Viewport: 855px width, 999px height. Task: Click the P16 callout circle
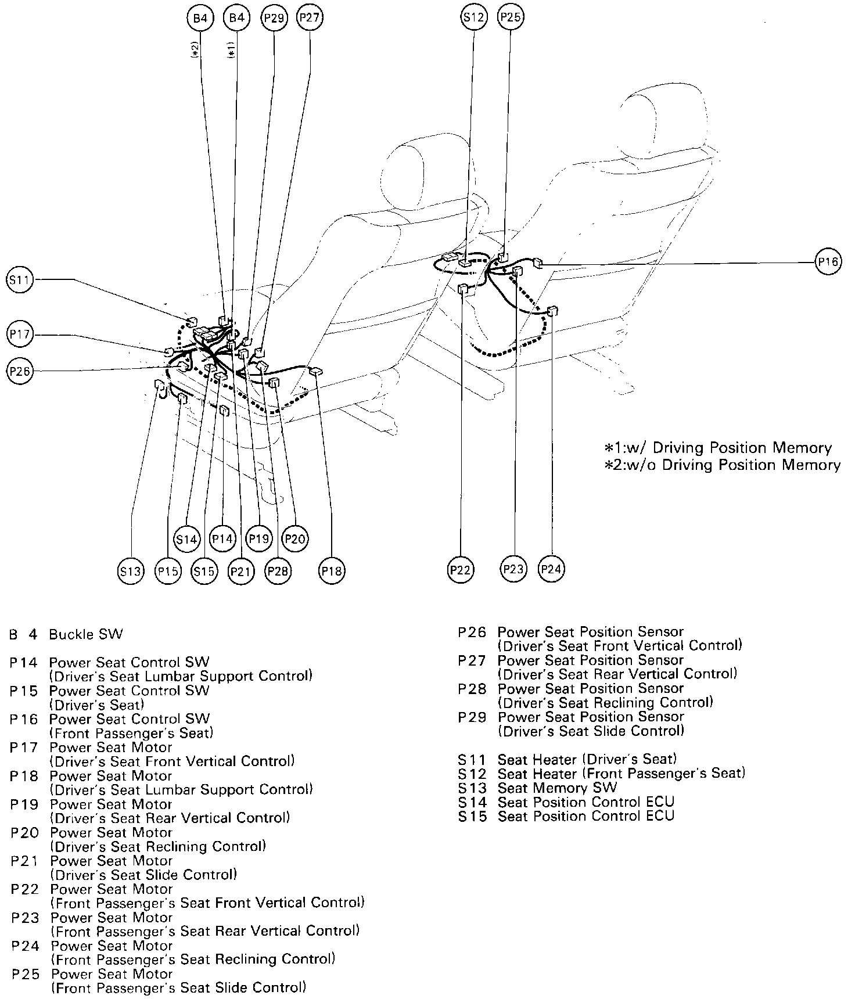click(x=828, y=262)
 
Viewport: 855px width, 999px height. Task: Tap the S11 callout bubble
click(x=20, y=280)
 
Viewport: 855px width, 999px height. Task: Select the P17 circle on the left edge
click(x=20, y=334)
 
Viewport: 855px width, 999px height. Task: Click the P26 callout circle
click(x=20, y=371)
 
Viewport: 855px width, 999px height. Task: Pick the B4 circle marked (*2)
click(x=200, y=18)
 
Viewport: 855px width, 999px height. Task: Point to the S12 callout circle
click(x=473, y=18)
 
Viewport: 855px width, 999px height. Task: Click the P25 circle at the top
click(x=511, y=18)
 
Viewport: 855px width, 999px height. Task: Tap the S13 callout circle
click(x=130, y=572)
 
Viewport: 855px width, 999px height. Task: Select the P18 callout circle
click(x=332, y=572)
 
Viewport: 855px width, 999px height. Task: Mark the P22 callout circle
click(x=460, y=570)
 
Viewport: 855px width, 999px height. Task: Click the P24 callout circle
click(x=551, y=569)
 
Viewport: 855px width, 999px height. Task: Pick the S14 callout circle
click(x=186, y=539)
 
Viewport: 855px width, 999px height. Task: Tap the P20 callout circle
click(x=295, y=539)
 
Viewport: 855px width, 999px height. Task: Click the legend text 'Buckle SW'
click(x=86, y=634)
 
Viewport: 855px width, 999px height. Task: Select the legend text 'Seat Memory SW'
click(x=557, y=788)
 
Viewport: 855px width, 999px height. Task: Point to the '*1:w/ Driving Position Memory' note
click(x=718, y=448)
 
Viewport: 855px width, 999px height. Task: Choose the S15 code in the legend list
click(x=471, y=817)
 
